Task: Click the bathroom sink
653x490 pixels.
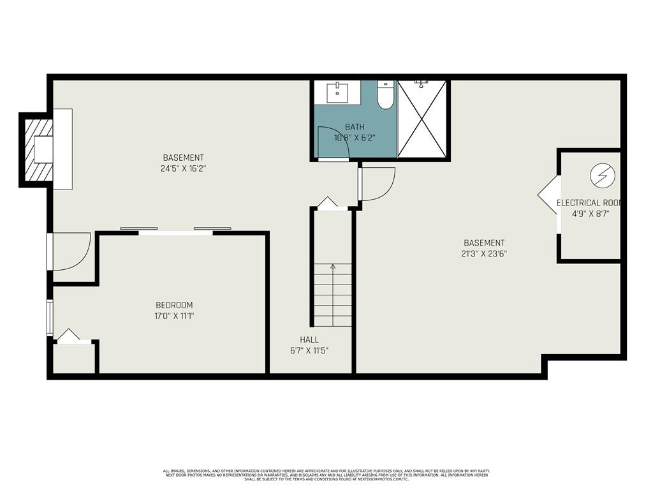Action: [x=337, y=92]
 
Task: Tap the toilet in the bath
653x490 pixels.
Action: [x=385, y=96]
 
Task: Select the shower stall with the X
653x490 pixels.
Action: [x=422, y=119]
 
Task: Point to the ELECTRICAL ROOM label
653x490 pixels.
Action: [x=589, y=203]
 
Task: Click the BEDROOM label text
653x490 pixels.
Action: [x=174, y=305]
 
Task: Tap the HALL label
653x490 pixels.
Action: [x=309, y=339]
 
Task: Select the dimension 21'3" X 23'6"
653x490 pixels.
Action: [x=484, y=253]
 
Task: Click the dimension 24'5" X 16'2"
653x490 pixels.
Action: [x=183, y=168]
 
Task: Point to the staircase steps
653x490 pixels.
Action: [x=332, y=295]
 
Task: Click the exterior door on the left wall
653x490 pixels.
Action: [x=70, y=251]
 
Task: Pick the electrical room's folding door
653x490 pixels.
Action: [x=548, y=195]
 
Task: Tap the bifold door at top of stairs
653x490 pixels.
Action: [x=328, y=203]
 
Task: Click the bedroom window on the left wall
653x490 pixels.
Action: [x=50, y=317]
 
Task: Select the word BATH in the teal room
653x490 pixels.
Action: [x=355, y=127]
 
